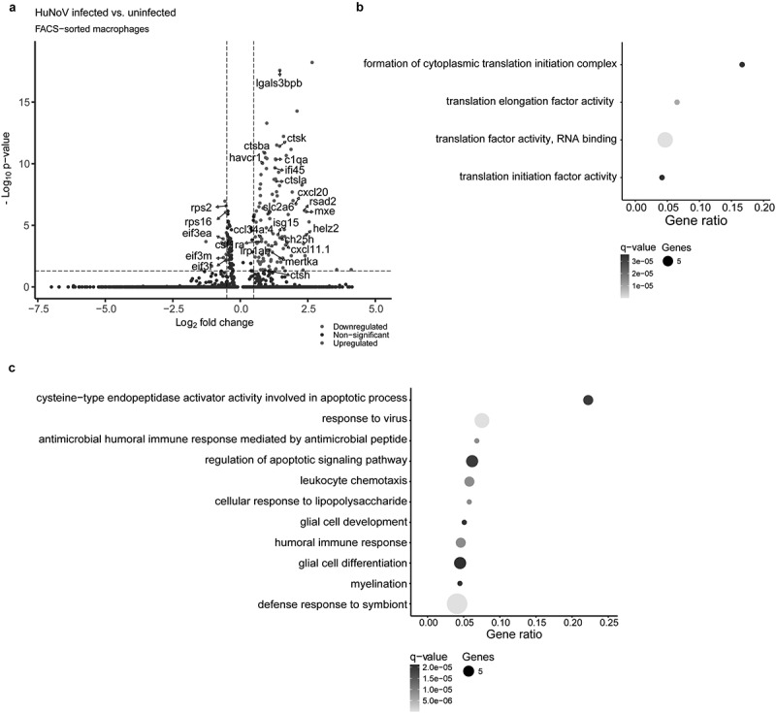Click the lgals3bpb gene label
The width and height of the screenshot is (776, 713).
[279, 83]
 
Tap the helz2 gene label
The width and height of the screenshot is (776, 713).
[326, 229]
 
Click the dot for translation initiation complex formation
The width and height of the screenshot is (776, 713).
[742, 65]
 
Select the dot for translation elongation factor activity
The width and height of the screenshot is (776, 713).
[677, 102]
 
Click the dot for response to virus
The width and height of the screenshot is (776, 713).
[482, 420]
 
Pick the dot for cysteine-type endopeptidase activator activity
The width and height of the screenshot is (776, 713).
[588, 400]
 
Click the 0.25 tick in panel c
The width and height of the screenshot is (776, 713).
[608, 621]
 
